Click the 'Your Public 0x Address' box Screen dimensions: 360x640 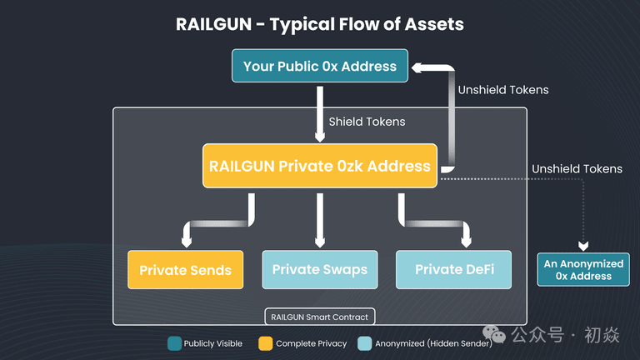point(320,66)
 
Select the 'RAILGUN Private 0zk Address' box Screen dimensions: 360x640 point(320,165)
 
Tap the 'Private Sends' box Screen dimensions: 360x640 point(185,270)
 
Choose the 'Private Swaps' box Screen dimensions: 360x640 point(320,270)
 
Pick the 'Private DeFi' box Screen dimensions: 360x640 point(455,270)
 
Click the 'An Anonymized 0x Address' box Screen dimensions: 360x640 point(583,269)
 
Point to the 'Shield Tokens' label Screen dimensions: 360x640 point(367,122)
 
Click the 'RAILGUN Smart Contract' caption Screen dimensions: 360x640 point(320,317)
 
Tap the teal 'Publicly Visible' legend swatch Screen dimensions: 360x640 point(174,343)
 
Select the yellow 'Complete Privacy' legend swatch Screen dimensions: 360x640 point(266,343)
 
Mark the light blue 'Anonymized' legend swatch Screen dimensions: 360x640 point(364,343)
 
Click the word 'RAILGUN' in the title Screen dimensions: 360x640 point(213,23)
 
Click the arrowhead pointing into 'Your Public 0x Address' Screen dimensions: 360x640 point(417,67)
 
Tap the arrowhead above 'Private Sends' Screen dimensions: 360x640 point(186,242)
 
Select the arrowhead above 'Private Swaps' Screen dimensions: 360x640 point(320,241)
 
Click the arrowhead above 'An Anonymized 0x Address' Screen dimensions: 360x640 point(583,246)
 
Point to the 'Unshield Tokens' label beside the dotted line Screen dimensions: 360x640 point(577,169)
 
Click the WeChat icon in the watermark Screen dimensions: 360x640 point(497,335)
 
